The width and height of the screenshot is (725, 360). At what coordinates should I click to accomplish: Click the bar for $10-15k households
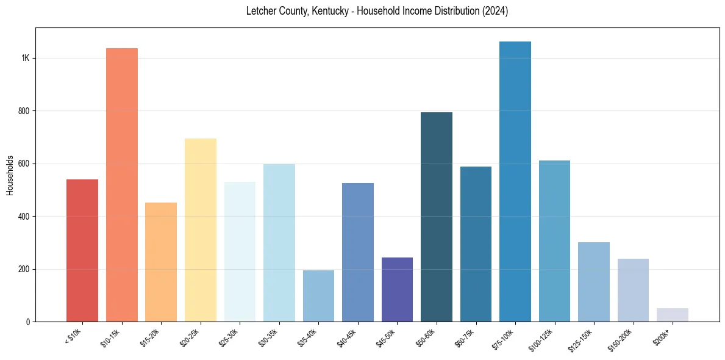[x=122, y=185]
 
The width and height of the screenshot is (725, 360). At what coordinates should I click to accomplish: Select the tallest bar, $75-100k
[x=515, y=182]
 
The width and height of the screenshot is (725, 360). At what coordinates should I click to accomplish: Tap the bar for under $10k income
[x=82, y=250]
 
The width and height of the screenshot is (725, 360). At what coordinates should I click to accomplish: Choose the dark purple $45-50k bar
[x=397, y=290]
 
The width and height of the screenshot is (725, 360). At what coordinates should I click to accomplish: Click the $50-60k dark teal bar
[x=437, y=217]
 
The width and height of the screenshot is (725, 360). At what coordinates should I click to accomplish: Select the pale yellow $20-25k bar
[x=201, y=230]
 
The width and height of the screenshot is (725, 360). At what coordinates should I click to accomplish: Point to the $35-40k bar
[x=318, y=296]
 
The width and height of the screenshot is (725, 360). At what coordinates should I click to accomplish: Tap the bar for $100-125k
[x=554, y=241]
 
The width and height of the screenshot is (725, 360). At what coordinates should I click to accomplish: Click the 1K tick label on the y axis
[x=26, y=59]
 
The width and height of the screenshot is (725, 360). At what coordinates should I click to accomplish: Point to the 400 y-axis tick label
[x=24, y=217]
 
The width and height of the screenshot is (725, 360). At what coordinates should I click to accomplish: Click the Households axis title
[x=10, y=175]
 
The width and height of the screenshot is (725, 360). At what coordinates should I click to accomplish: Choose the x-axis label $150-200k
[x=623, y=339]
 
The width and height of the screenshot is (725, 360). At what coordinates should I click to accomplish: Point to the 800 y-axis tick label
[x=24, y=111]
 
